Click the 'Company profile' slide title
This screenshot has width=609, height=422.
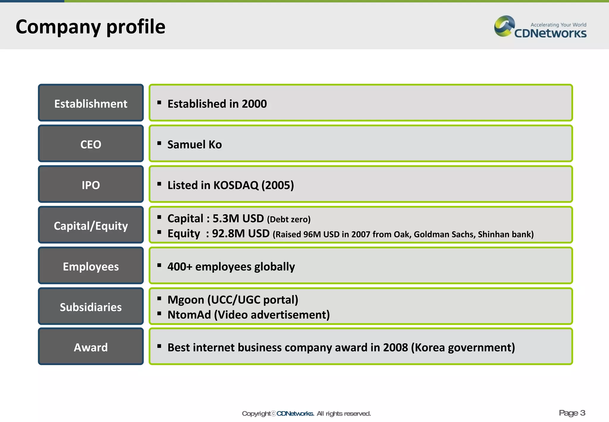pos(90,27)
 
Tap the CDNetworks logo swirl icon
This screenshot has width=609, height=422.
pos(504,26)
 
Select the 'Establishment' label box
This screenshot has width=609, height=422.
pos(91,103)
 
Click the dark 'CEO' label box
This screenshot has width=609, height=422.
pos(91,144)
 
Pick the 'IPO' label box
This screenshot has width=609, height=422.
pos(91,185)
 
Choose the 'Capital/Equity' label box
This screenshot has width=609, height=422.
pos(91,225)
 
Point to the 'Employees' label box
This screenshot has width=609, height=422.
pos(91,266)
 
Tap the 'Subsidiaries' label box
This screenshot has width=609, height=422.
pos(91,307)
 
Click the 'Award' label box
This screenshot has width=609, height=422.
pos(91,347)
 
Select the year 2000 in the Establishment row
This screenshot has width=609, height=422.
pos(254,104)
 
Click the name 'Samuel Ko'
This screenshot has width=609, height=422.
pos(194,145)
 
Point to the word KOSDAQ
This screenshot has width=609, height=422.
pos(236,185)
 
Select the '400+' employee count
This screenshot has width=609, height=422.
pos(180,267)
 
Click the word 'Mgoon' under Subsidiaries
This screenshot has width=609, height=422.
pos(186,300)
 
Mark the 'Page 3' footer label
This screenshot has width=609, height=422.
pos(572,413)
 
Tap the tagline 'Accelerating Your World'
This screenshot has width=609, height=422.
pos(558,25)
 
